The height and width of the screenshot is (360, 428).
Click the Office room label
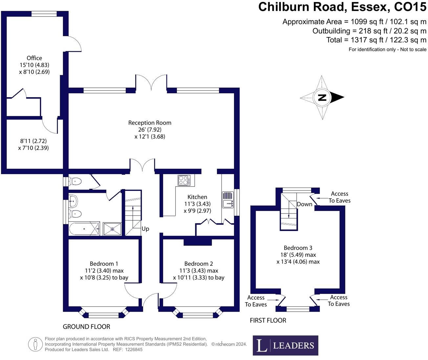point(34,58)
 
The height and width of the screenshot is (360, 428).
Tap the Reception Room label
point(150,123)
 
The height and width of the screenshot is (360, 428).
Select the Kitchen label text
point(197,197)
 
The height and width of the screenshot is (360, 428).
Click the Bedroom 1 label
point(104,264)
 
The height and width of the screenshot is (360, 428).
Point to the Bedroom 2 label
point(199,264)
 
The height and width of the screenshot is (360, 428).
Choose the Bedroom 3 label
point(298,248)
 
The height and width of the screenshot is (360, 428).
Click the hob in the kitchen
point(184,180)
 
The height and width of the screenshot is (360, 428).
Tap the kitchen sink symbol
point(228,200)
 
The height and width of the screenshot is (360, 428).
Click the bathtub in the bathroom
point(84,229)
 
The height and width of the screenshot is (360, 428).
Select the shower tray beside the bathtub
point(112,229)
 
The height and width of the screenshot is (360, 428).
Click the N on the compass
point(322,97)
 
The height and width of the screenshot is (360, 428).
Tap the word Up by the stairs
point(145,229)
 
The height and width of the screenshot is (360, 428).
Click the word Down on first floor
point(305,204)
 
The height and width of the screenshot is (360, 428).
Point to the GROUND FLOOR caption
point(86,327)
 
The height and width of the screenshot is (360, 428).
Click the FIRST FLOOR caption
point(268,321)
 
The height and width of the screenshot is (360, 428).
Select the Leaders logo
point(285,345)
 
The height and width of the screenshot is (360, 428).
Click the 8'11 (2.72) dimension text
point(33,141)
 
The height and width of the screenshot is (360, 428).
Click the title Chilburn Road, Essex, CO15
point(342,7)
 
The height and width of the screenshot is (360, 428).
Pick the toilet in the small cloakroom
point(75,181)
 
